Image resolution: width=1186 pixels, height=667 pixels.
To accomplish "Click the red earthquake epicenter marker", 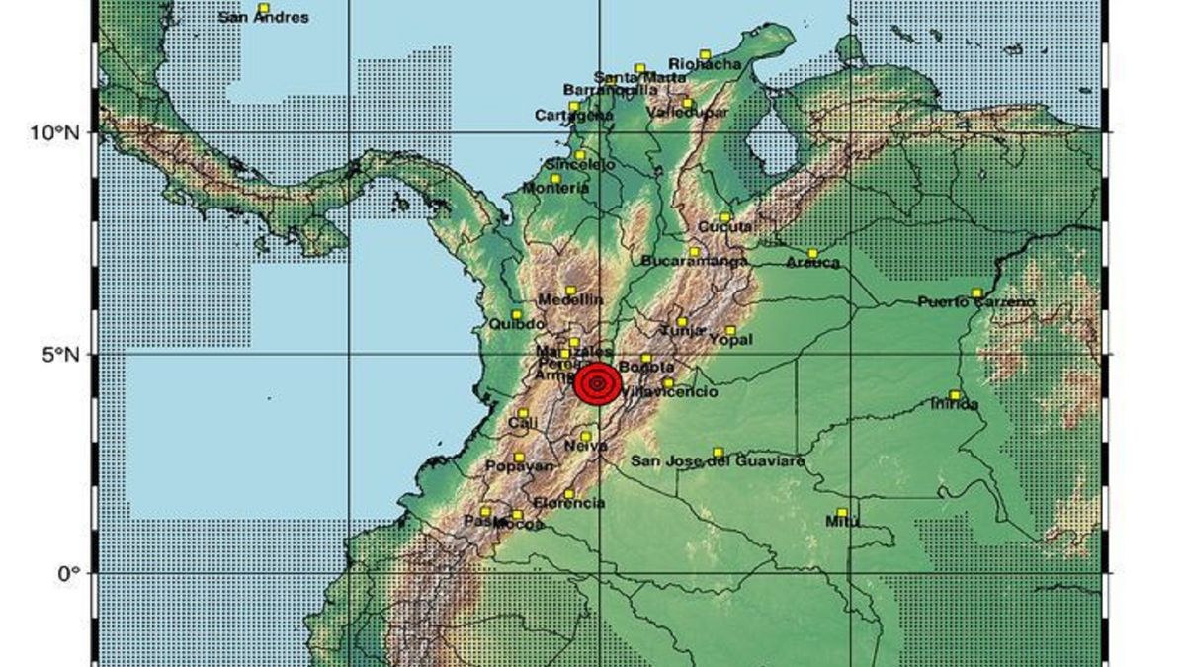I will [597, 384].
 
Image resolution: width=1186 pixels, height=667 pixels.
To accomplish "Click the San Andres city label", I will [263, 18].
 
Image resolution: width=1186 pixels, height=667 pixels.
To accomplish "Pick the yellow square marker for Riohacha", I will [705, 54].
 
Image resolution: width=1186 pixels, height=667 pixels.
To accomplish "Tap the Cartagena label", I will [573, 116].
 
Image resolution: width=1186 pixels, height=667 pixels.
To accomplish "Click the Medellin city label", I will [571, 300].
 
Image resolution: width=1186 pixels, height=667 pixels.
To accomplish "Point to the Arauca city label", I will [813, 263].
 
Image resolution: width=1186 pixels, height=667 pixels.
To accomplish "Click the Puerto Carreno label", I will [976, 302].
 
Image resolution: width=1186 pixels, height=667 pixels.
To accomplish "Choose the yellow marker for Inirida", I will [955, 395].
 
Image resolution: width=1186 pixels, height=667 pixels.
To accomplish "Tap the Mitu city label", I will [842, 523].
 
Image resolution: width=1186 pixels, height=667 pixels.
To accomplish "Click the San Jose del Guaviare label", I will [718, 461].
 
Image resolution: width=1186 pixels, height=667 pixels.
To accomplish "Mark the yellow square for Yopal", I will [731, 330].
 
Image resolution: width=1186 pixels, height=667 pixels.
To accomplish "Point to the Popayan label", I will [518, 466].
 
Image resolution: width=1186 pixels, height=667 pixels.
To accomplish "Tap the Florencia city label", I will [569, 504].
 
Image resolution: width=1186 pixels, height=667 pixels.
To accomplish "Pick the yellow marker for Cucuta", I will [725, 217].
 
